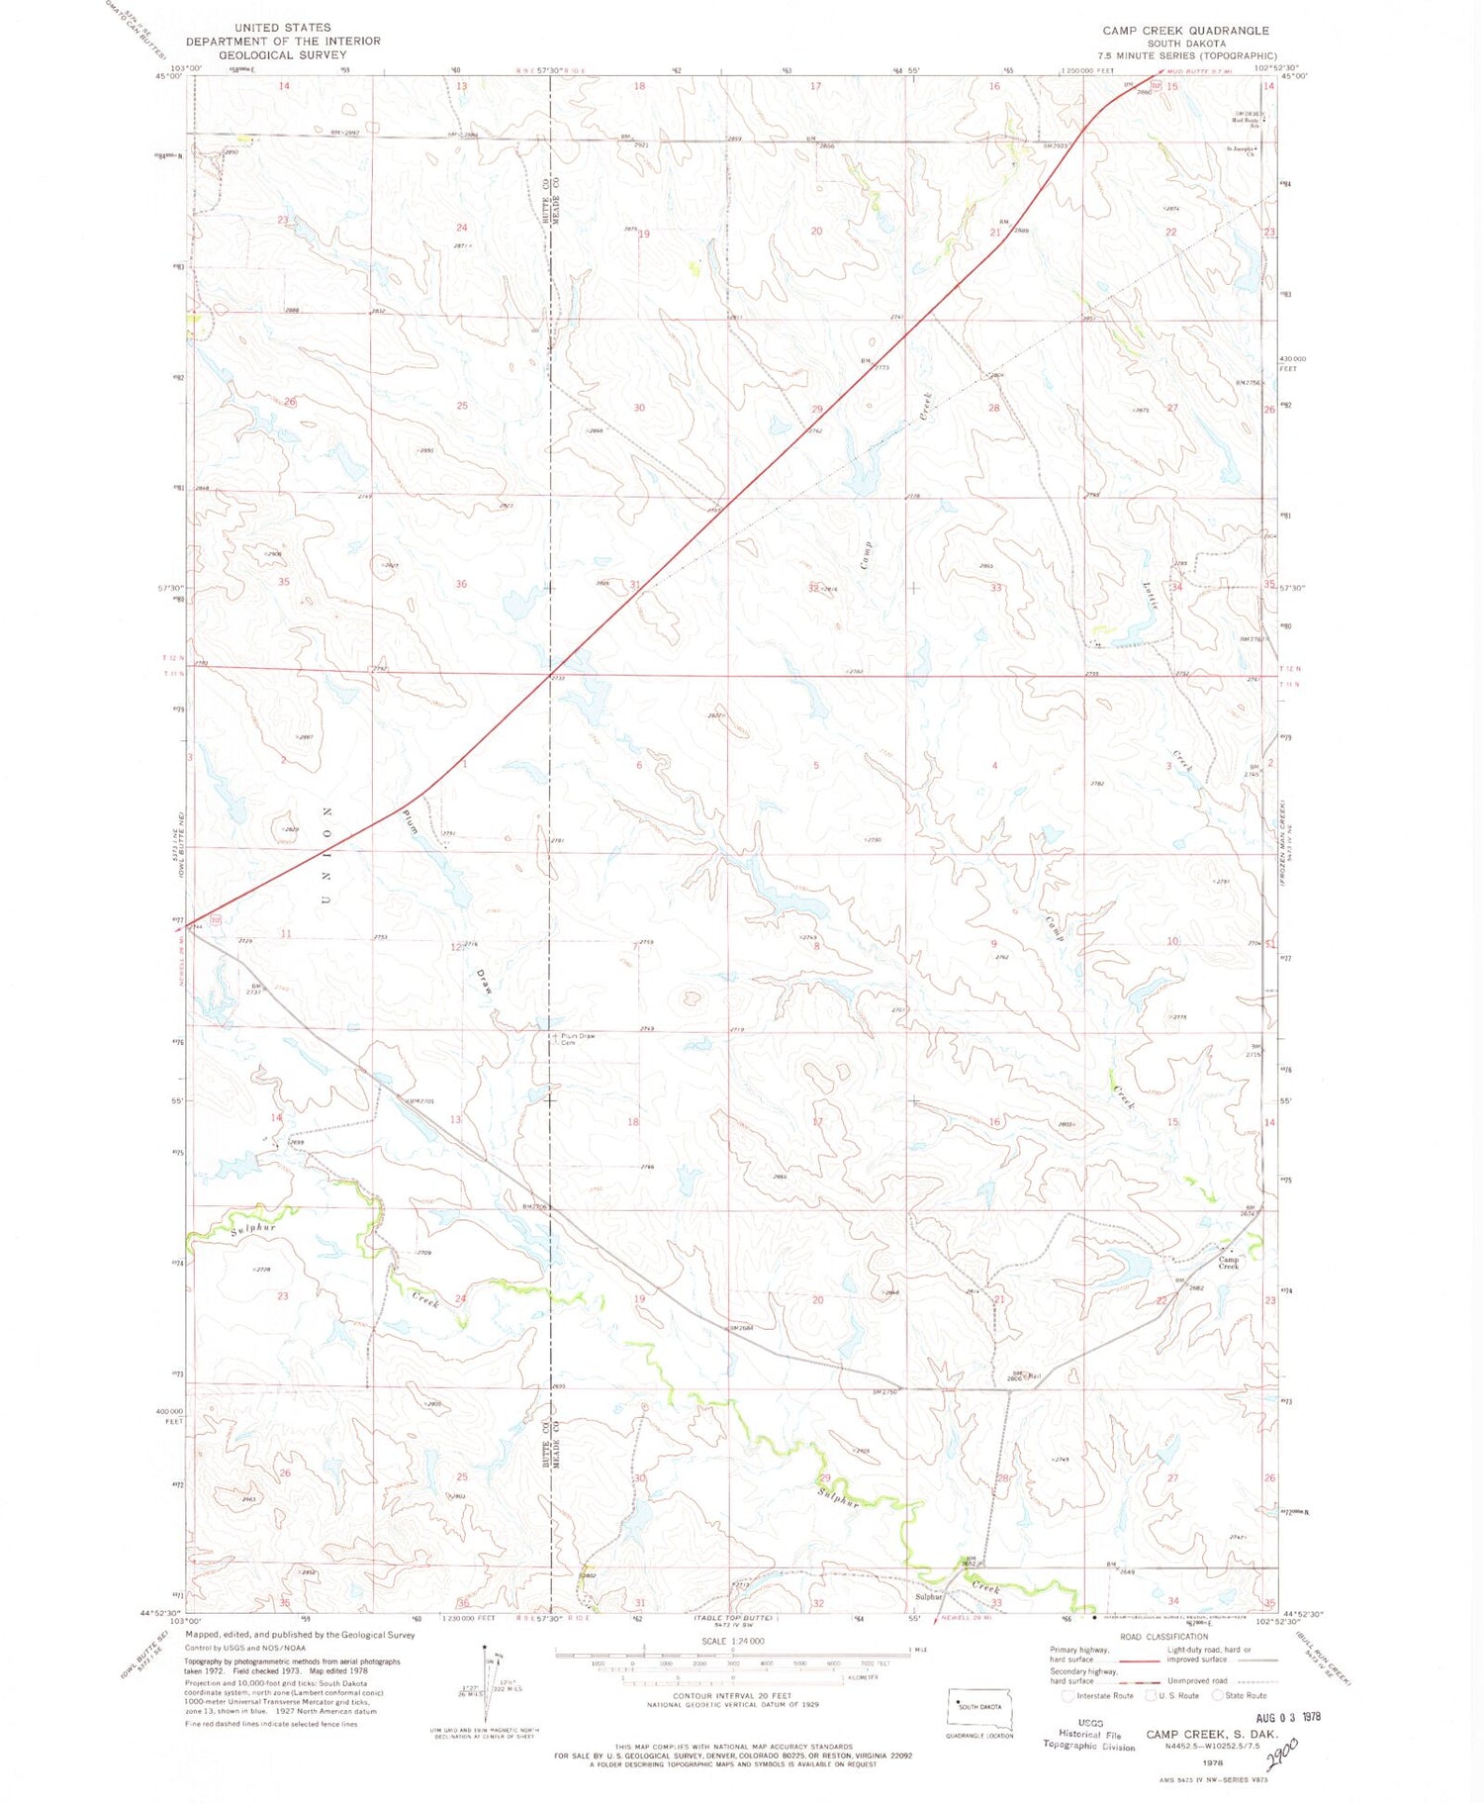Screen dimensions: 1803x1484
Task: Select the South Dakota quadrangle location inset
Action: click(x=978, y=1707)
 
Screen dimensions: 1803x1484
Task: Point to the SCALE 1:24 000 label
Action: click(x=732, y=1641)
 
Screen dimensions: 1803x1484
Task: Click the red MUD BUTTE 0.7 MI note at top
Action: click(x=1198, y=71)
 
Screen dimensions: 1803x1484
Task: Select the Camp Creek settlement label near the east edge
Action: click(x=1228, y=1264)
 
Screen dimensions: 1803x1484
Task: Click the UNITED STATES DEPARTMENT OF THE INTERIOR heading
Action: click(x=283, y=41)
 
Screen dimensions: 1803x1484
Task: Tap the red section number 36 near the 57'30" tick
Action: click(x=461, y=584)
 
